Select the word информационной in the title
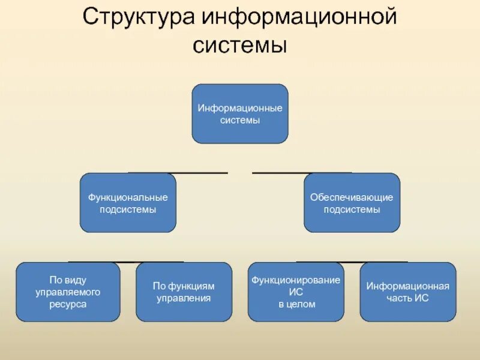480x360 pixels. pos(299,17)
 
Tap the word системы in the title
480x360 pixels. pos(240,45)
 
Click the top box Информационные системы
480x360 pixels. pos(240,114)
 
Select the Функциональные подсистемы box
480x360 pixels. pos(128,203)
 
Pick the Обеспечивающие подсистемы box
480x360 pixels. pos(352,203)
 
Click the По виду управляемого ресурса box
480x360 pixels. pos(68,292)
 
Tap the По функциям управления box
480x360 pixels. pos(184,292)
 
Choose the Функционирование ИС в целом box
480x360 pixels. pos(296,292)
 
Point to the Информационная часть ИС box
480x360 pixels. pos(407,292)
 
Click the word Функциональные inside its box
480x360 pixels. pos(128,197)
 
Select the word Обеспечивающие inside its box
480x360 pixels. pos(352,197)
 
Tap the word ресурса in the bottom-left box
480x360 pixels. pos(68,304)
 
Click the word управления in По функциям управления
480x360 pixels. pos(184,298)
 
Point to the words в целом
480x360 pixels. pos(296,304)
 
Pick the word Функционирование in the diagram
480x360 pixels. pos(296,280)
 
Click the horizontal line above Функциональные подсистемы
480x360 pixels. pos(178,173)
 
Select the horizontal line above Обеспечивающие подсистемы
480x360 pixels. pos(302,173)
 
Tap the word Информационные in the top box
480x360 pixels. pos(240,108)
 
